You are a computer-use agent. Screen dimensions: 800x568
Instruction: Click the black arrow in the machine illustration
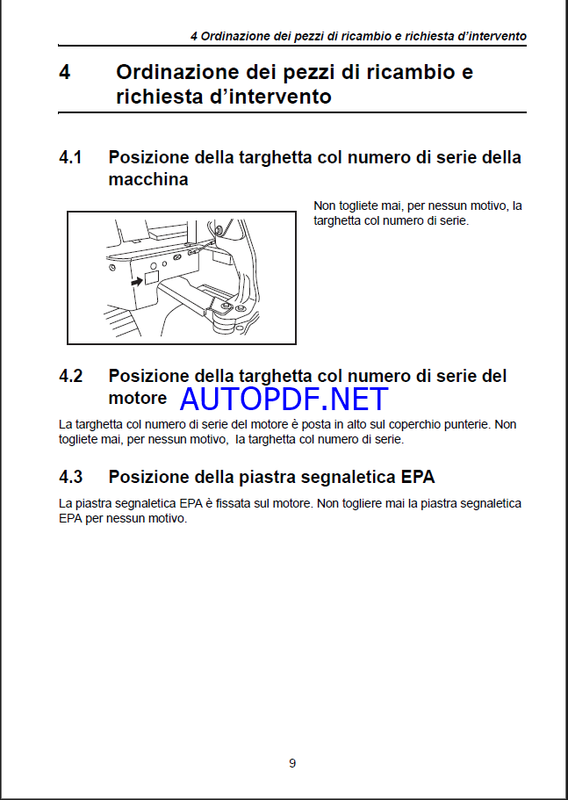135,283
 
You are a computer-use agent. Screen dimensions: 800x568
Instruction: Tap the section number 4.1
71,158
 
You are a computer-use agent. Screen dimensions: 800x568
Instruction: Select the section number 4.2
71,376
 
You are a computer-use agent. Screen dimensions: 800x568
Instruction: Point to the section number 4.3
71,477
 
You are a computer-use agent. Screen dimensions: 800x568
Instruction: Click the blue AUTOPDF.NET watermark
284,399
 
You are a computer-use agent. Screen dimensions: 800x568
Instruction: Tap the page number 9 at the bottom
292,763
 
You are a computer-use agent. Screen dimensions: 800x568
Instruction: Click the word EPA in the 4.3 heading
416,477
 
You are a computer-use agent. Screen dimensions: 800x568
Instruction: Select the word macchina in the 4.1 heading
147,179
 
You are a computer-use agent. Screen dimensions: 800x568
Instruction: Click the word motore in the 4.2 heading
137,398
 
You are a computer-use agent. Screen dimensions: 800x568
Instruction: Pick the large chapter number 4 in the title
64,72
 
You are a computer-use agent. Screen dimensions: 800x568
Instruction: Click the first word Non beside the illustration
325,205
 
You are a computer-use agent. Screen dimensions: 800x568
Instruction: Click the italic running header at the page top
358,36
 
